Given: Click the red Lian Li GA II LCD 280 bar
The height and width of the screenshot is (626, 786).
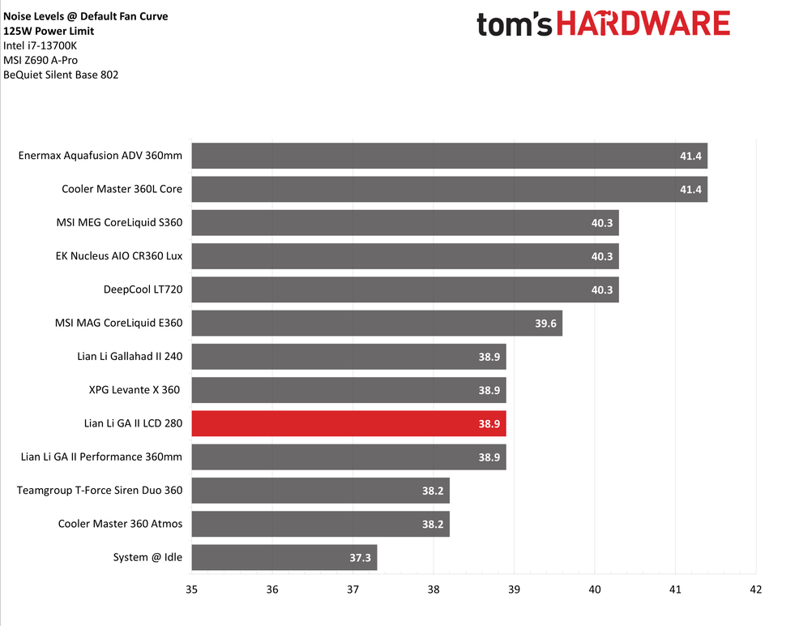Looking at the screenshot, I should click(x=348, y=423).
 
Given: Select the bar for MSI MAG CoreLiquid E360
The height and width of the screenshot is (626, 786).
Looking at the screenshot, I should click(x=377, y=323).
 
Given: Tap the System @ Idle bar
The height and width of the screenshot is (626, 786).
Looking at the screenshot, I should click(x=284, y=557).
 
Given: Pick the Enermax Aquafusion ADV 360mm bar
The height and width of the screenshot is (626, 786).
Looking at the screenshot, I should click(x=449, y=156).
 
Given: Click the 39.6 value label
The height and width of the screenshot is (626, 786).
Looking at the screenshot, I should click(x=546, y=324).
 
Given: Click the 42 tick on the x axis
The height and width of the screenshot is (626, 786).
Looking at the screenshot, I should click(x=756, y=590).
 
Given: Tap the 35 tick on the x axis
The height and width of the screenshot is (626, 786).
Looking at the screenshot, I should click(x=192, y=590).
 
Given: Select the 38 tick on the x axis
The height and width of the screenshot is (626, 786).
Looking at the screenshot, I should click(x=434, y=590).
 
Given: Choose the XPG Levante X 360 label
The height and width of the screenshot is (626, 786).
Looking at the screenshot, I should click(x=135, y=390).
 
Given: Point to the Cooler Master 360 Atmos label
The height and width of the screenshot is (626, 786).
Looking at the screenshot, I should click(x=120, y=524).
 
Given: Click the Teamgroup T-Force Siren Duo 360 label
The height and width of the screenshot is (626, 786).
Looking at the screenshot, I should click(x=100, y=490).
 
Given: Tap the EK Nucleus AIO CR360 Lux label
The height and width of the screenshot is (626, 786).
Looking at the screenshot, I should click(x=119, y=256).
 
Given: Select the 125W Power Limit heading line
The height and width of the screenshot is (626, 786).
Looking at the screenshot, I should click(x=49, y=31).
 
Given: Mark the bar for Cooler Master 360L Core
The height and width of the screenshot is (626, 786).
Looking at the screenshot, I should click(x=449, y=189).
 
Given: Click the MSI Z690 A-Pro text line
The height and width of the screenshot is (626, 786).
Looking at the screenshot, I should click(x=41, y=60).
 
